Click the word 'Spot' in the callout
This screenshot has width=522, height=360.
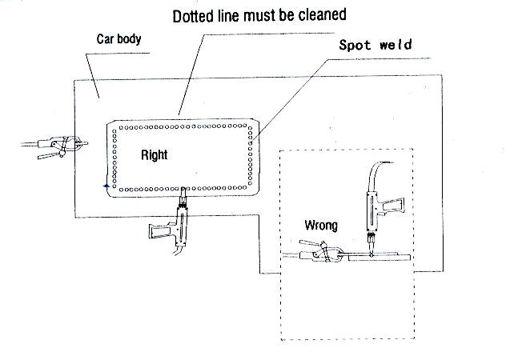click(355, 45)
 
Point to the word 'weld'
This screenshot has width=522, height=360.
click(396, 45)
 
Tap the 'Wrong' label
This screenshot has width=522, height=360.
click(320, 226)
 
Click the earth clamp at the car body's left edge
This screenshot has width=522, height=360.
click(68, 146)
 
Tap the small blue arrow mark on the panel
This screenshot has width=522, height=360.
click(105, 186)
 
